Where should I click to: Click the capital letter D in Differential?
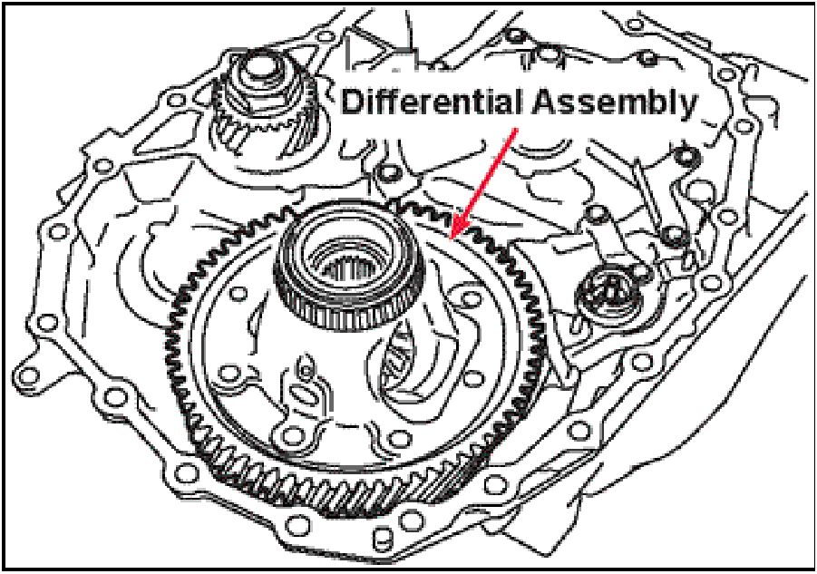pyautogui.click(x=352, y=102)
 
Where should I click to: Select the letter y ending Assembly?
pyautogui.click(x=690, y=105)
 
